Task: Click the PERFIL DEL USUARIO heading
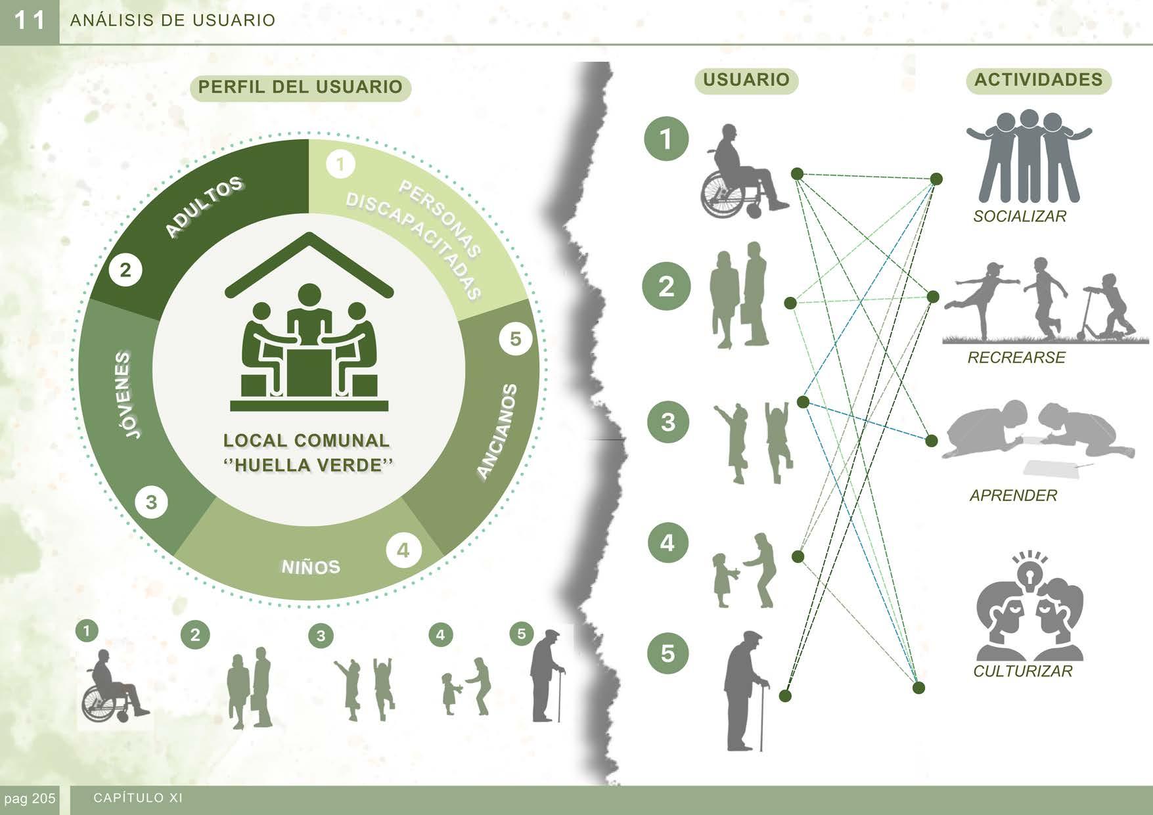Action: [300, 87]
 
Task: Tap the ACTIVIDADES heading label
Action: [1038, 80]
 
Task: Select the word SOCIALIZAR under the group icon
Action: [1020, 217]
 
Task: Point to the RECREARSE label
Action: [1016, 358]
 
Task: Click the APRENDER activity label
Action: [1013, 496]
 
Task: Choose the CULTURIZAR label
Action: [1022, 672]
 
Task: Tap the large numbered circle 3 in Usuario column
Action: [667, 422]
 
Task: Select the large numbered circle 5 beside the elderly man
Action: [667, 653]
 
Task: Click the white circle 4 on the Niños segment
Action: [403, 550]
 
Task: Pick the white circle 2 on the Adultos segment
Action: [125, 270]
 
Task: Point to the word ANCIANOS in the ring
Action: [497, 431]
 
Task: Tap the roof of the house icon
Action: [309, 260]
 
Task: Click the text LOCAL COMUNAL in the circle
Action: [306, 440]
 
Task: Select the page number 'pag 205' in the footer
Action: [30, 799]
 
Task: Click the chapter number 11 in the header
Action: [30, 21]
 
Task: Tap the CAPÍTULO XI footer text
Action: [138, 799]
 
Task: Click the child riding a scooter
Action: [1110, 305]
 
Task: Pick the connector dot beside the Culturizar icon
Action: [919, 688]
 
